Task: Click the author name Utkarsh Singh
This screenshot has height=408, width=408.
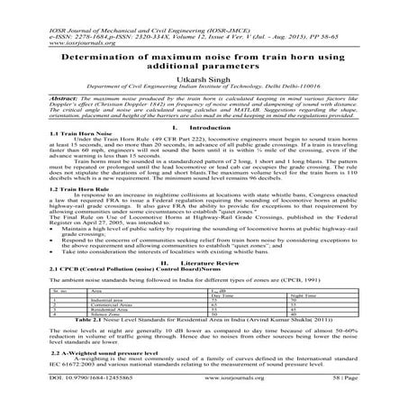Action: coord(204,79)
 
